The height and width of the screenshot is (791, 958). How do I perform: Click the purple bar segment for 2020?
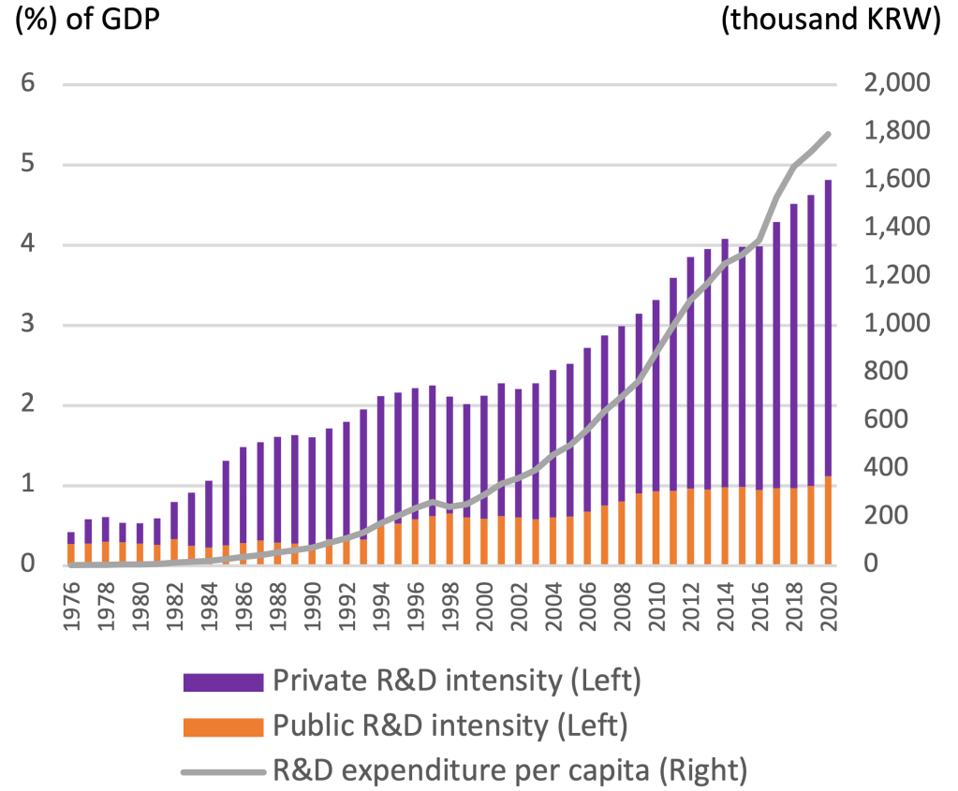pos(828,328)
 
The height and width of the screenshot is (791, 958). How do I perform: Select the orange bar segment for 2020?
pos(828,520)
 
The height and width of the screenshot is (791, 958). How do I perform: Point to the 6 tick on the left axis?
pos(29,83)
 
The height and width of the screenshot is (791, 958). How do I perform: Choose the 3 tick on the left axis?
pos(29,325)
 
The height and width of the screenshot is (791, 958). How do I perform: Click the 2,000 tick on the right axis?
pos(894,83)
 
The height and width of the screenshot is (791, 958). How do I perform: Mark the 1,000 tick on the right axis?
pos(894,324)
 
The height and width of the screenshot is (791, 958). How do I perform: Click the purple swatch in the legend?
pos(222,681)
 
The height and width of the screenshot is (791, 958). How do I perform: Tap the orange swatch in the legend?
pos(222,725)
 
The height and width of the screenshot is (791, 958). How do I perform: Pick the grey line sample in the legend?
pos(222,771)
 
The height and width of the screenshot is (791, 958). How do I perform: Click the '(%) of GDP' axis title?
pos(86,21)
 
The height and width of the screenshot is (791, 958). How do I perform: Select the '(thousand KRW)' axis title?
pos(831,21)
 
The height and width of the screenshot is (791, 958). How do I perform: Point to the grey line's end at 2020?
pos(828,134)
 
